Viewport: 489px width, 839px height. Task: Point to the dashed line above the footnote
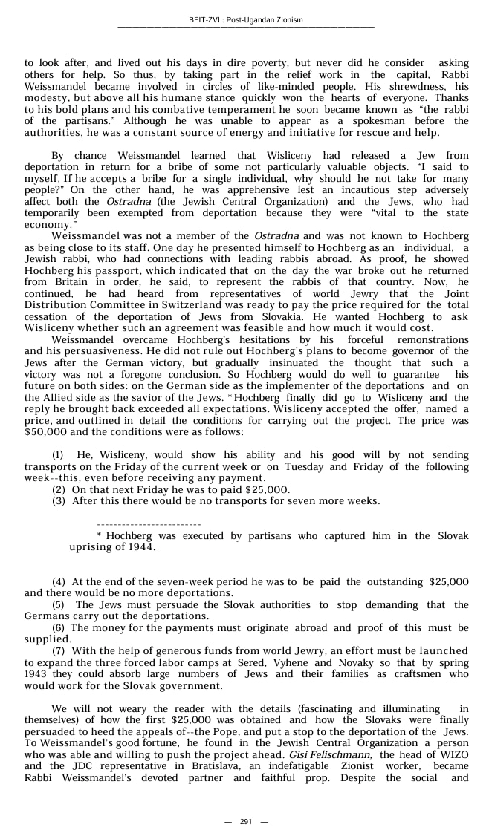coord(149,524)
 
